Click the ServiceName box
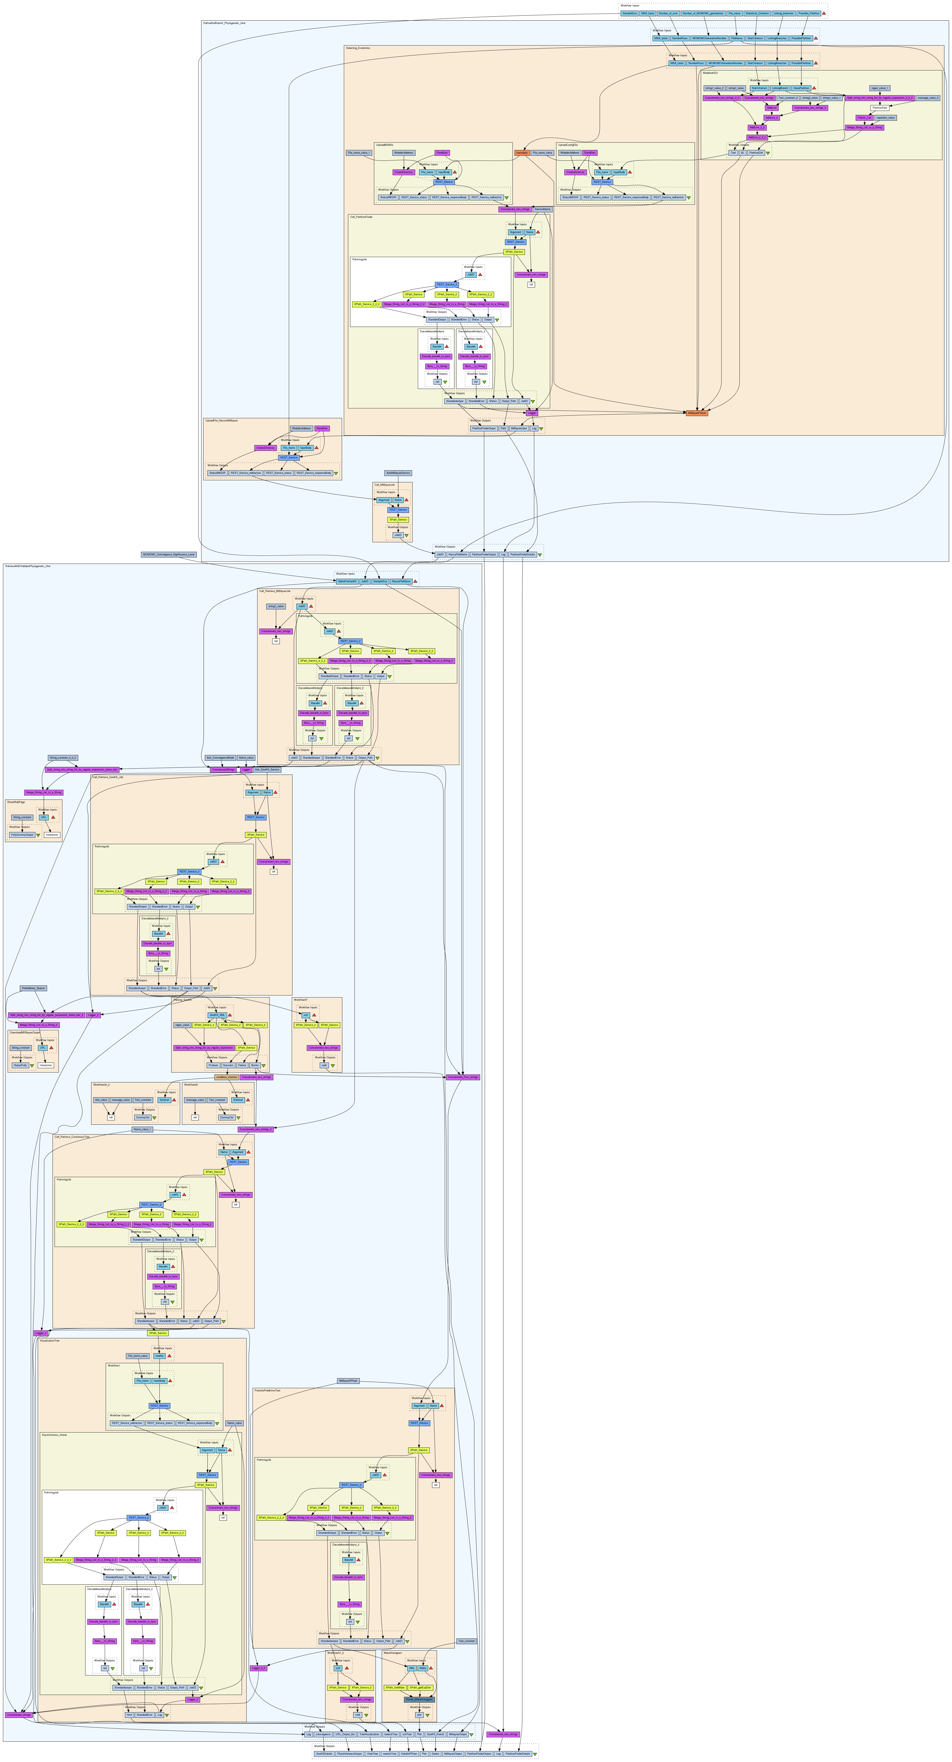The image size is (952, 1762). point(542,209)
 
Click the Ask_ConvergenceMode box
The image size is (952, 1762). point(220,758)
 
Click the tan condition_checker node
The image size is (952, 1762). point(226,1077)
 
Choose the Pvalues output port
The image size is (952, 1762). point(213,1065)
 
